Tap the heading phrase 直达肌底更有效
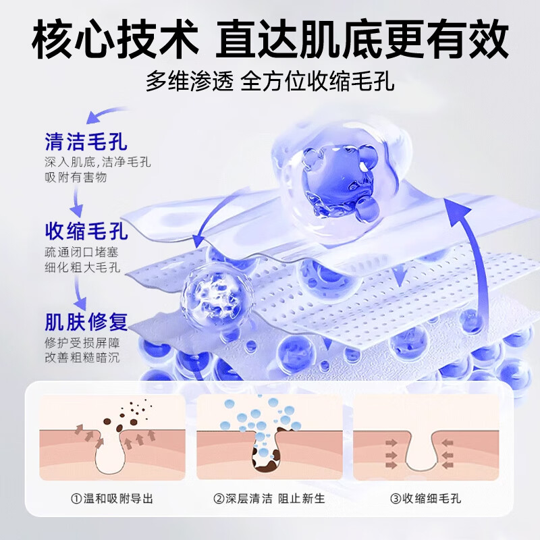click(362, 39)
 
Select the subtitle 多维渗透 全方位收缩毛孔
click(270, 82)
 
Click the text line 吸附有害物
click(76, 178)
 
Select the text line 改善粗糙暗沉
click(82, 357)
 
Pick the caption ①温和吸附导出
click(112, 500)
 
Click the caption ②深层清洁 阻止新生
click(269, 500)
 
